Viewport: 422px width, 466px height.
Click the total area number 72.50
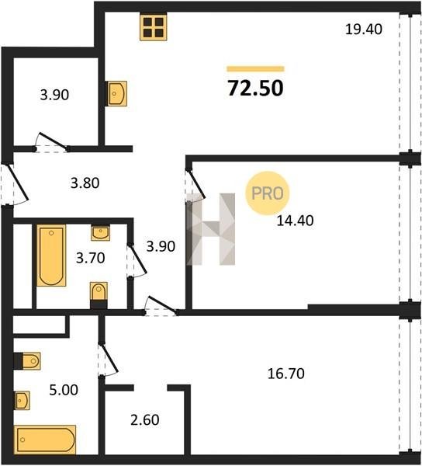tap(255, 89)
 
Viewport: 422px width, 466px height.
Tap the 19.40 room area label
tap(364, 30)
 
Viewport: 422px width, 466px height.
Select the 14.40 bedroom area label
tap(295, 221)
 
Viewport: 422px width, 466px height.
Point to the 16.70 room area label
tap(286, 374)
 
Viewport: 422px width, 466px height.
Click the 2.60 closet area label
tap(145, 420)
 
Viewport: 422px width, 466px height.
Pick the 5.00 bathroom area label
tap(64, 390)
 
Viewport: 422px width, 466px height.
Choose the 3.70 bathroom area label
tap(91, 258)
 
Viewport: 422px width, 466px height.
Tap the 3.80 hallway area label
tap(85, 183)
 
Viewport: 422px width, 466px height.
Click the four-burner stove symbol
tap(154, 27)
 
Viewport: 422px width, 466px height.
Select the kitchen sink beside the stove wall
tap(117, 94)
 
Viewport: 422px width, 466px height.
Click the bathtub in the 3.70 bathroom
tap(51, 256)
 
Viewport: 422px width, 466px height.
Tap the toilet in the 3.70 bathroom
tap(99, 295)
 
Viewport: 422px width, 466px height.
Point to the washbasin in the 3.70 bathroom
tap(100, 233)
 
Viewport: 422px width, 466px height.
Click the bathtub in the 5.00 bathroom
tap(45, 440)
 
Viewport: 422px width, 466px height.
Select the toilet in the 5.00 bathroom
tap(27, 361)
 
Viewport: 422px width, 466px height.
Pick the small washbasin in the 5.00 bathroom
tap(22, 401)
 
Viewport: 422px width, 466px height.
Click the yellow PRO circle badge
tap(268, 193)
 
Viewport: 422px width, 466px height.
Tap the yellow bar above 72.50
tap(255, 69)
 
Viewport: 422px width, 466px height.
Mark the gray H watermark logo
tap(211, 229)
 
